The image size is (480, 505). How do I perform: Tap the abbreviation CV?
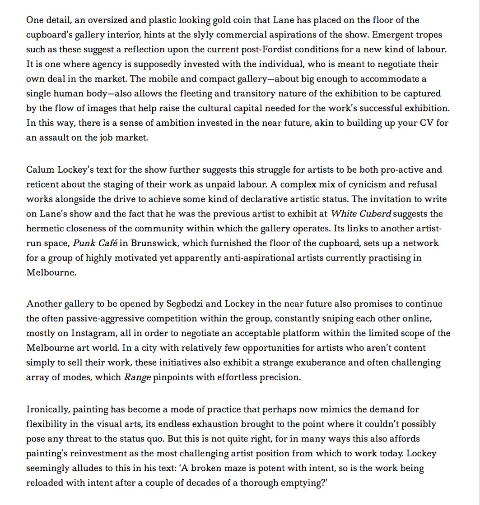point(428,123)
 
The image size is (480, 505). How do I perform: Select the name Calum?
point(40,170)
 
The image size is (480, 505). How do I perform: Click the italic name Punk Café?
point(95,243)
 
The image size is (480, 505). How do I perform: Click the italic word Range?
point(137,377)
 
